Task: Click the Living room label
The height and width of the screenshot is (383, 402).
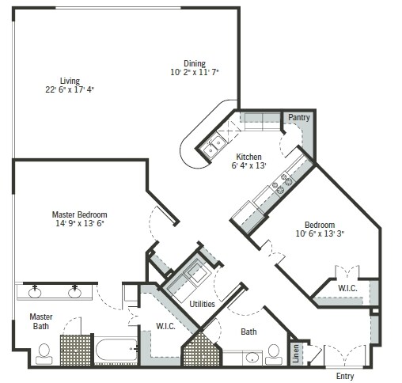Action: [x=70, y=80]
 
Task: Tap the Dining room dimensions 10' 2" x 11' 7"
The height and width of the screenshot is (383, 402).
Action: [x=194, y=73]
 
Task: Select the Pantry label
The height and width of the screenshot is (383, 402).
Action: [x=298, y=118]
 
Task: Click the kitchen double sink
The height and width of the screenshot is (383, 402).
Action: [x=214, y=143]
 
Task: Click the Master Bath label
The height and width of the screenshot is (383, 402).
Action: [x=41, y=321]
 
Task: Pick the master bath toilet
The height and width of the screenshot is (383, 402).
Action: [x=44, y=351]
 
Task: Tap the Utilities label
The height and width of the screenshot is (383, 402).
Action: [x=203, y=303]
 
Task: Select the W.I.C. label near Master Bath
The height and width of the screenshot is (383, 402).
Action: [x=165, y=324]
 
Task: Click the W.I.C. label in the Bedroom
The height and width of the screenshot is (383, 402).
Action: [x=347, y=288]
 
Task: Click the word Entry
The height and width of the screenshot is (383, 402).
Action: [x=345, y=376]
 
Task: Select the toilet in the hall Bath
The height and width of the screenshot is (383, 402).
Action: [x=274, y=351]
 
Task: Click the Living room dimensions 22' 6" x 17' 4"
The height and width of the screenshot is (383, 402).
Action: [x=70, y=89]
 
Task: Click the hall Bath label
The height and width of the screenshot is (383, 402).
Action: [x=248, y=332]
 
